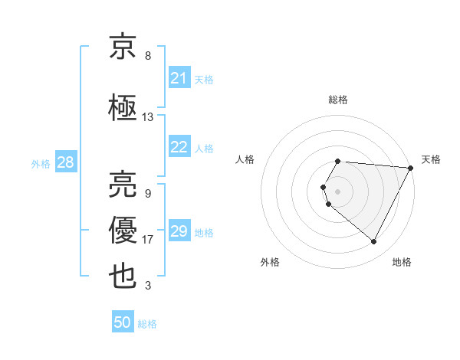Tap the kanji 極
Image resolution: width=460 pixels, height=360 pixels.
pos(123,108)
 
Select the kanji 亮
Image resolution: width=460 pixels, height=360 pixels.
pos(123,185)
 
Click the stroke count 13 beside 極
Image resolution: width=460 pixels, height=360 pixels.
pos(148,117)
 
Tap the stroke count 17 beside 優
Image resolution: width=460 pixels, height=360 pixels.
pos(148,240)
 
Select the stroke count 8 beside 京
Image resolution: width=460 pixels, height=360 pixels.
pos(148,56)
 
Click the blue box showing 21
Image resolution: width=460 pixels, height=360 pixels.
pos(179,77)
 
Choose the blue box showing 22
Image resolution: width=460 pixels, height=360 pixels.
pos(179,147)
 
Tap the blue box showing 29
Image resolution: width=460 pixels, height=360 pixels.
pos(179,231)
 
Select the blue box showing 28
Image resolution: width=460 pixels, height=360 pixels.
pos(65,162)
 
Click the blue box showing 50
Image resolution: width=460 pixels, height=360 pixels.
pos(123,322)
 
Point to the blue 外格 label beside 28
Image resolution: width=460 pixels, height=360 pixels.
pos(41,163)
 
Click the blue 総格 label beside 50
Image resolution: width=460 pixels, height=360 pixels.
pos(147,324)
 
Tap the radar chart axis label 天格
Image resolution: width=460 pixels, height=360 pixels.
pos(431,159)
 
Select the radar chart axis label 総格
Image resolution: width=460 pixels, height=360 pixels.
pos(338,100)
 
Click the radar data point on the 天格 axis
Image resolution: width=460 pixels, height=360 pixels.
pos(411,168)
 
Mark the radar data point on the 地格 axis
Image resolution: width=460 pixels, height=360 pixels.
pos(374,242)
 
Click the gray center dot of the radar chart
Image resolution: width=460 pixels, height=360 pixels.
pos(338,191)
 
